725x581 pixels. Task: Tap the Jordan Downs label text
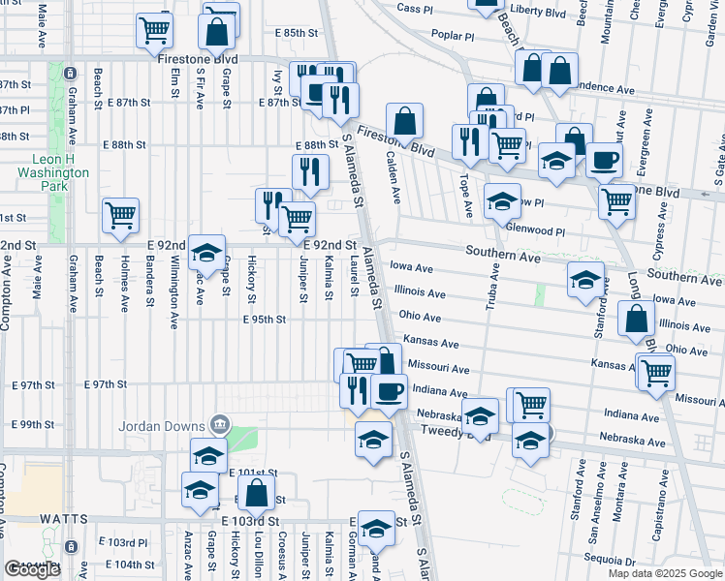pyautogui.click(x=160, y=425)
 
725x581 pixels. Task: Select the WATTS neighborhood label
pyautogui.click(x=65, y=520)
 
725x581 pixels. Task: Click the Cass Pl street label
pyautogui.click(x=414, y=8)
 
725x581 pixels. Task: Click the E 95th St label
pyautogui.click(x=265, y=319)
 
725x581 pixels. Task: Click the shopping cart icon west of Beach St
pyautogui.click(x=120, y=215)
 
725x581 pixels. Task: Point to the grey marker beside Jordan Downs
pyautogui.click(x=220, y=424)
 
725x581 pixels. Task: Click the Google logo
pyautogui.click(x=32, y=570)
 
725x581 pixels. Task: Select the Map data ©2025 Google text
pyautogui.click(x=664, y=573)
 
